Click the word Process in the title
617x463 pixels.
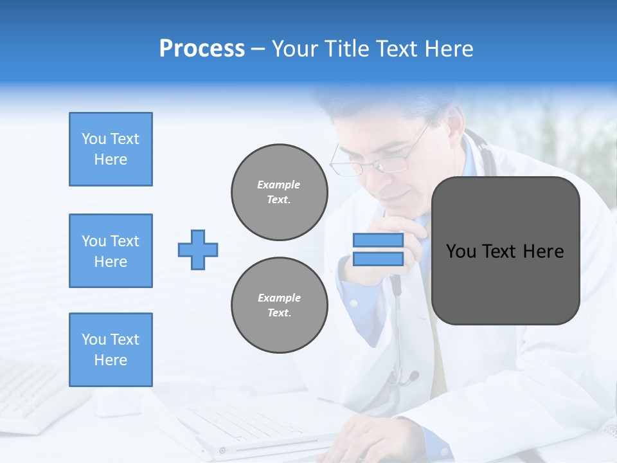202,49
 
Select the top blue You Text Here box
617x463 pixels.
111,149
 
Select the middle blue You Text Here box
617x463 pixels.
111,251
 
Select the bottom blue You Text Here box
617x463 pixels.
111,350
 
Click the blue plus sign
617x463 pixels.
198,250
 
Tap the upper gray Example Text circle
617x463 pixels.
279,192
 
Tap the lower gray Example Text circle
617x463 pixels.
279,305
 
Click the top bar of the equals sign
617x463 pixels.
378,241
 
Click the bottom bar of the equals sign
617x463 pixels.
378,259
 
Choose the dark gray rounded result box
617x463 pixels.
505,251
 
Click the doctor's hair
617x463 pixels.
379,103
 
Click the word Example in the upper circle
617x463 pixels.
278,185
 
